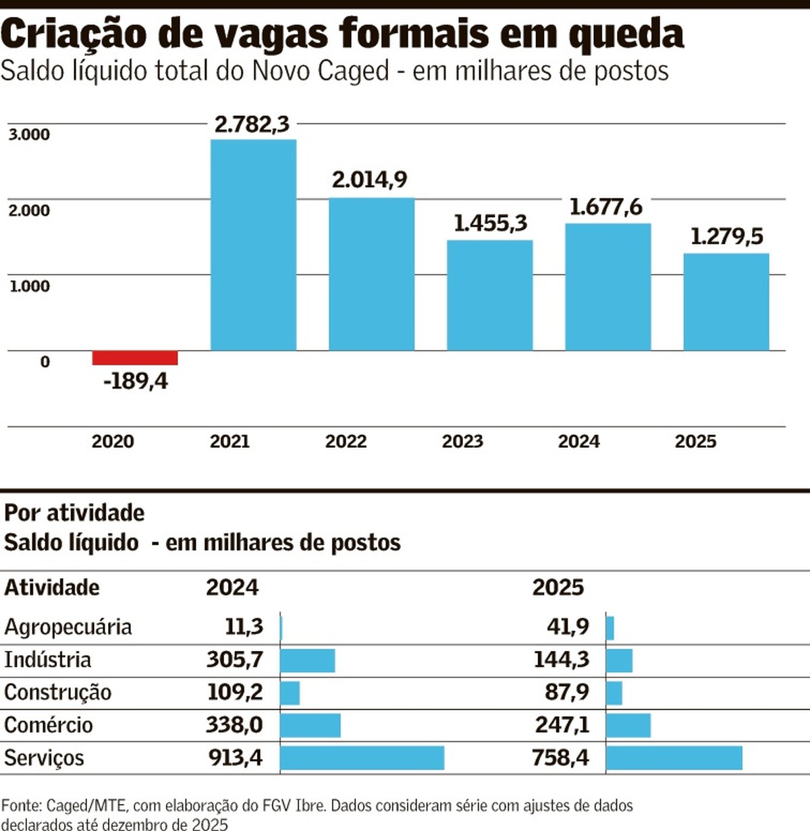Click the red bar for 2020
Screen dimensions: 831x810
135,357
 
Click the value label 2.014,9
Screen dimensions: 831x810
369,179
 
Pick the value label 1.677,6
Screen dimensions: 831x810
605,206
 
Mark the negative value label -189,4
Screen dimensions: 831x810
135,382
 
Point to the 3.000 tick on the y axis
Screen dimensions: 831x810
29,134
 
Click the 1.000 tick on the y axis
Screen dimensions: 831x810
29,286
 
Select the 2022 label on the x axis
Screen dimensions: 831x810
346,441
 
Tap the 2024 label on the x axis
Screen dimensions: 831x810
578,441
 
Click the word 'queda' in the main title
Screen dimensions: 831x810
626,34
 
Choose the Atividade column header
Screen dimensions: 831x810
52,588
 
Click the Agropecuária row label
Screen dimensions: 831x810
68,627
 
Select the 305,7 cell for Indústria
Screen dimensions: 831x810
234,659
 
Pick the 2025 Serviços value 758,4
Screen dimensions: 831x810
560,757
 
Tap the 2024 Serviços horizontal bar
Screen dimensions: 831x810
362,757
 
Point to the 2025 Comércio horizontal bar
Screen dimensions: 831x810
628,725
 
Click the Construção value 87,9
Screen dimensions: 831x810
566,692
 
